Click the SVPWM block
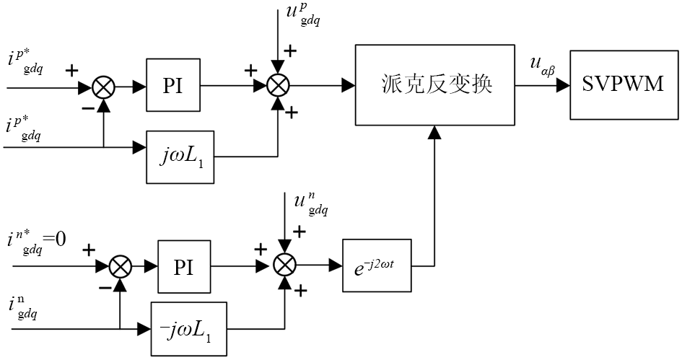[x=623, y=85]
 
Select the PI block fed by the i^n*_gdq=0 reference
[x=183, y=265]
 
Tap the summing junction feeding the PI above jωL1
[x=104, y=87]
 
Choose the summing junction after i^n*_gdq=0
[x=121, y=266]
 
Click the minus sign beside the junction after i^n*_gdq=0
[x=105, y=286]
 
